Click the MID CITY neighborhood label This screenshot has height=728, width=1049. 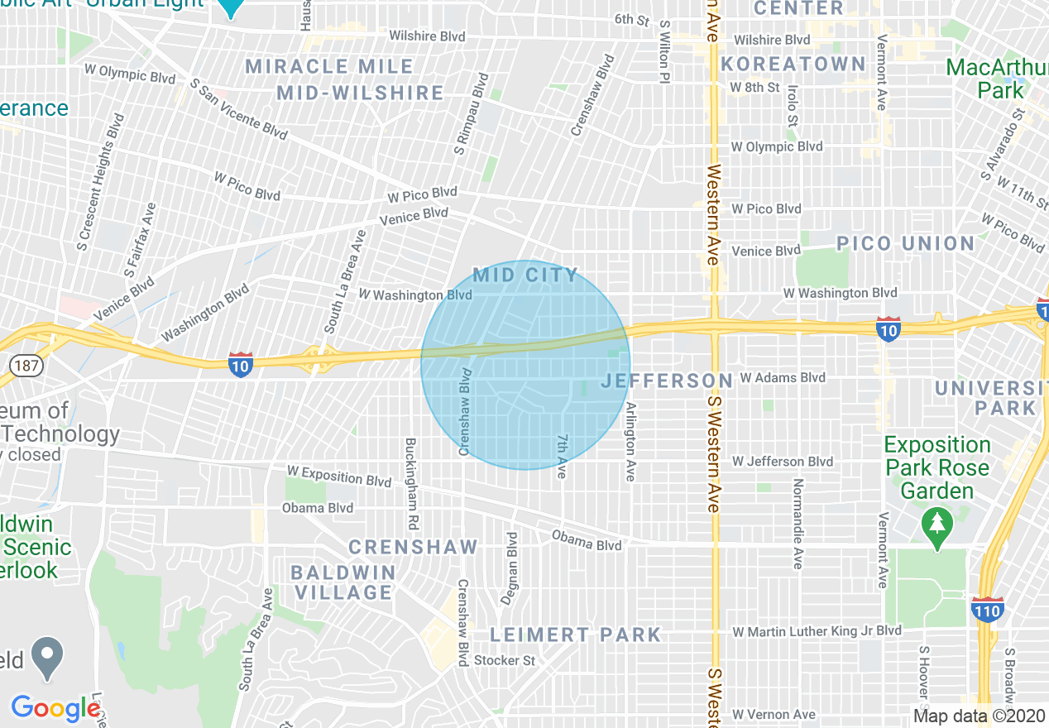click(525, 275)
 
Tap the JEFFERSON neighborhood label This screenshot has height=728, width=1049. click(667, 381)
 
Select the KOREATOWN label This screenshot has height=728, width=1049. click(793, 65)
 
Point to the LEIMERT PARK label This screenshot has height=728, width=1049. click(576, 635)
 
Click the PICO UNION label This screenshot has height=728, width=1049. click(905, 243)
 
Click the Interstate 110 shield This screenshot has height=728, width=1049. click(988, 610)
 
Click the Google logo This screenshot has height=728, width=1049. click(55, 708)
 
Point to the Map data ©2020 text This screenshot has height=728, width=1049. click(979, 716)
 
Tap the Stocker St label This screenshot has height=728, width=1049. click(505, 660)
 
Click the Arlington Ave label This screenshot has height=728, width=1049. click(630, 441)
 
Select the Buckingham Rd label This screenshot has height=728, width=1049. click(410, 484)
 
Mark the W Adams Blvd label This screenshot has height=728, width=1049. click(782, 377)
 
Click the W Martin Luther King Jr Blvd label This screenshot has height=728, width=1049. click(816, 631)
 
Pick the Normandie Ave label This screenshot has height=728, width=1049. click(798, 523)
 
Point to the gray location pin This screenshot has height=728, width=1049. click(48, 658)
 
